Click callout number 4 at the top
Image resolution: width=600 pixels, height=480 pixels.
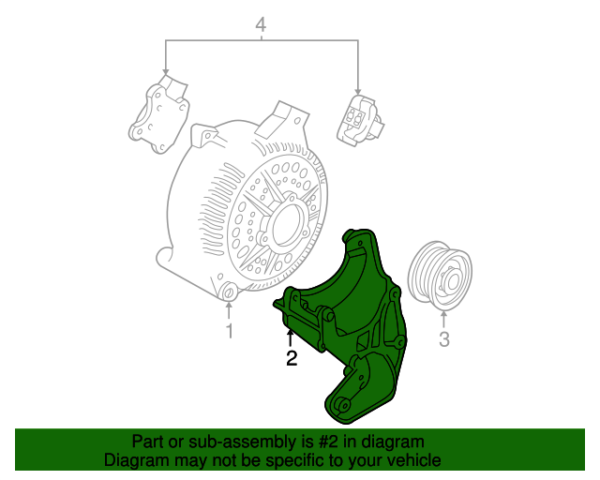[262, 25]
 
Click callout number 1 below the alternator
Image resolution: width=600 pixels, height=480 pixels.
[229, 332]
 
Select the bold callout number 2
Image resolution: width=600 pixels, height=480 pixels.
[292, 357]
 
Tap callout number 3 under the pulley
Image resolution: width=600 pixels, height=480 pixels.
[445, 338]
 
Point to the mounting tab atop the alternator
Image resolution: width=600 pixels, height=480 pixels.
[279, 121]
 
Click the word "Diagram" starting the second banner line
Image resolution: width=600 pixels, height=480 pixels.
[133, 460]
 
